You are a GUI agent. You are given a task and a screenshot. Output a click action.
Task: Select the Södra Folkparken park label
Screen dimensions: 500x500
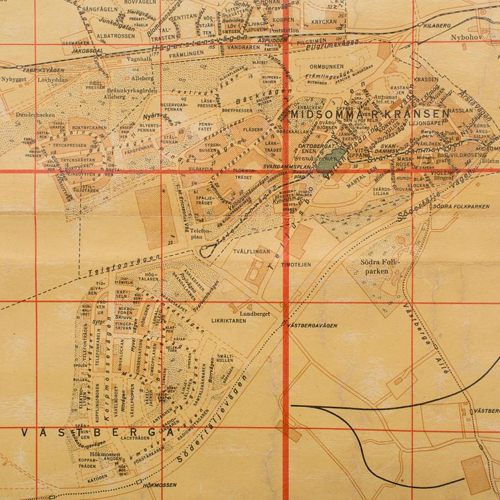click(382, 268)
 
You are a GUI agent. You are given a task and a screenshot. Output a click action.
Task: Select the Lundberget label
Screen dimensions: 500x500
click(254, 312)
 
